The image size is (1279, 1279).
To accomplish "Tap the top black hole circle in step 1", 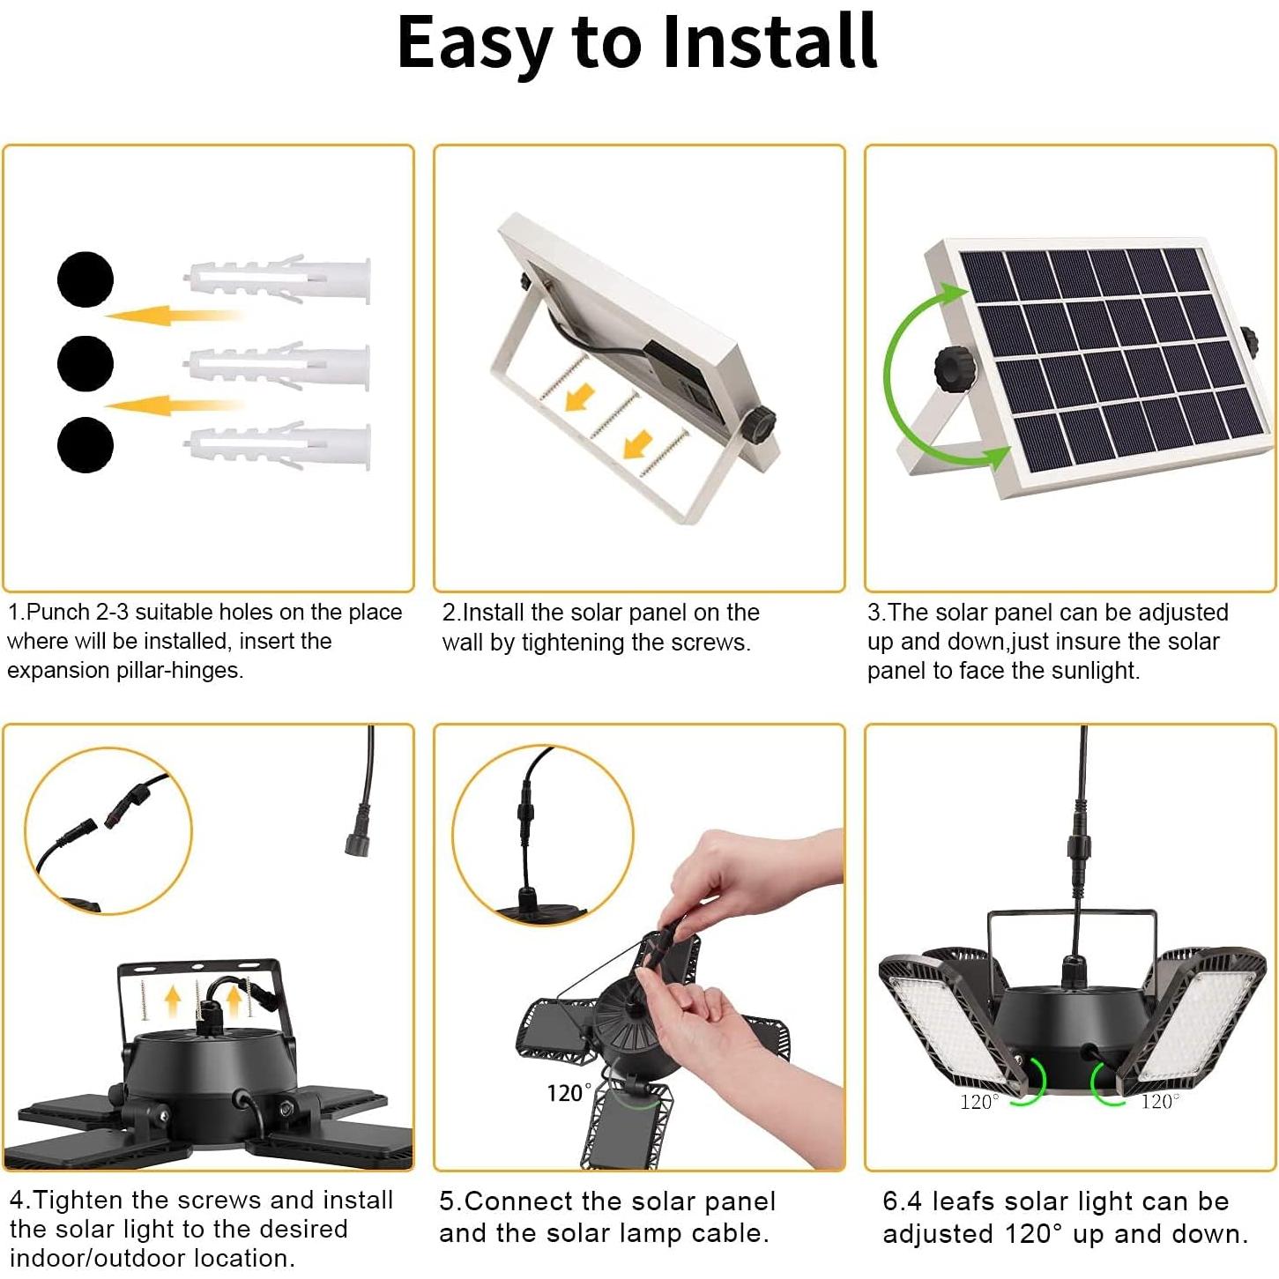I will point(86,279).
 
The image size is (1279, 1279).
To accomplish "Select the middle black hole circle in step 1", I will point(86,362).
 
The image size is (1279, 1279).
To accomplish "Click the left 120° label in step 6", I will point(979,1101).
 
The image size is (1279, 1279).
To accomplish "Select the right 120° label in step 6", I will point(1159,1101).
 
